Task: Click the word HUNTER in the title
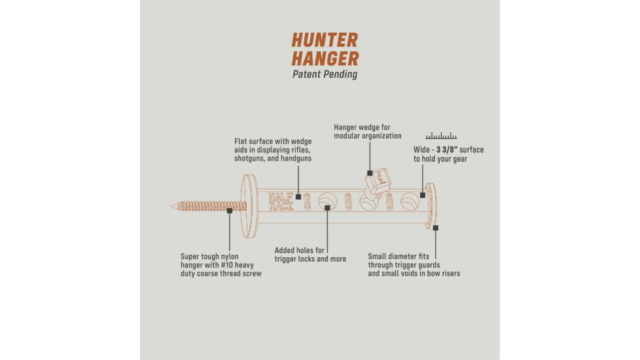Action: pyautogui.click(x=325, y=39)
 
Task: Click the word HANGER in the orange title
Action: pyautogui.click(x=325, y=58)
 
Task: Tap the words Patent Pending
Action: pyautogui.click(x=325, y=74)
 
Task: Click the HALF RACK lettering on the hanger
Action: pyautogui.click(x=281, y=201)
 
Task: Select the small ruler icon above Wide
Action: pyautogui.click(x=441, y=136)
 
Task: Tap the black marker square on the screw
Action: pyautogui.click(x=229, y=211)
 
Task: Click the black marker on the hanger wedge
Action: pyautogui.click(x=370, y=173)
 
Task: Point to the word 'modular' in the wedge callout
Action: pyautogui.click(x=349, y=135)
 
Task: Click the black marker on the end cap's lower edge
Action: pyautogui.click(x=435, y=228)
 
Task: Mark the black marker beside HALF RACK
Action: pyautogui.click(x=298, y=196)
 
